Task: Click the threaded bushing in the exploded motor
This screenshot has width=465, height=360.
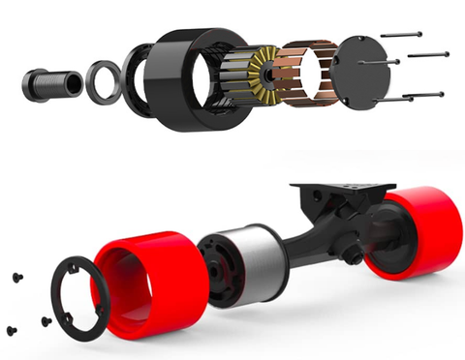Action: coord(46,85)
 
